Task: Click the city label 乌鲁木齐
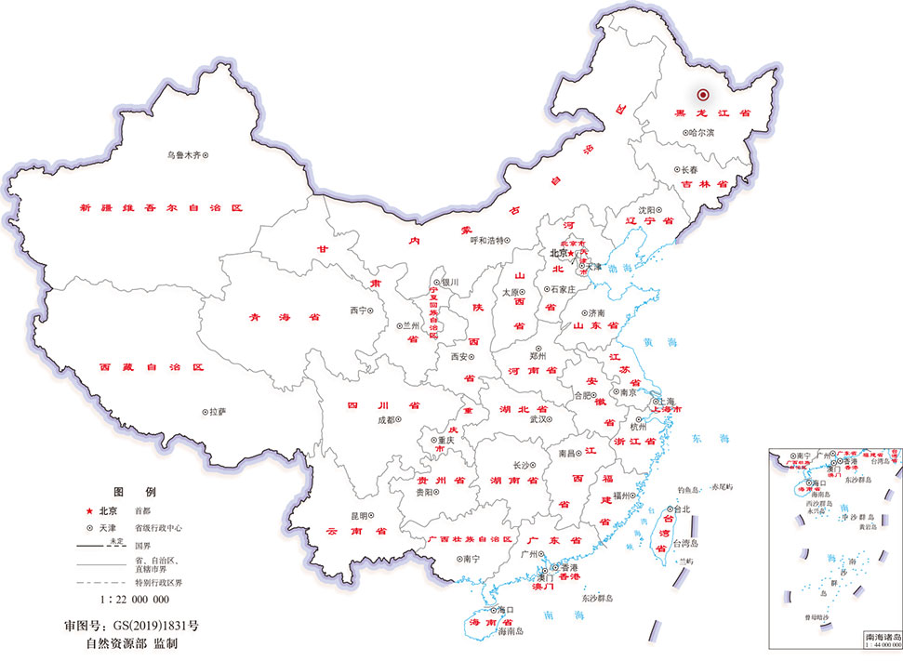(x=184, y=155)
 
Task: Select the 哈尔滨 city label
(x=702, y=133)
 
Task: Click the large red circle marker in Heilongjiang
(x=704, y=94)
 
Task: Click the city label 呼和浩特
(x=487, y=240)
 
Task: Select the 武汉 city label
(x=538, y=419)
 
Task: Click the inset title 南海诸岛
(x=882, y=637)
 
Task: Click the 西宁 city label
(x=358, y=310)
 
